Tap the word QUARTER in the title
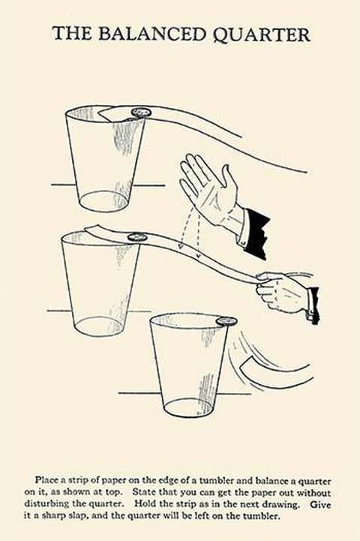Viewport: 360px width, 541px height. point(262,35)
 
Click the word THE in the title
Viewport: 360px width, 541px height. point(72,35)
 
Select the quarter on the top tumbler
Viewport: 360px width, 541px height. point(142,113)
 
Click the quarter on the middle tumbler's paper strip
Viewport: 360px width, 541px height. point(137,237)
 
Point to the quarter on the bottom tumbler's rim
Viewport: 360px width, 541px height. point(226,320)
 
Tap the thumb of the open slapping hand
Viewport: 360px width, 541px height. point(229,179)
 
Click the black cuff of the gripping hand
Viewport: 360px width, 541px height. point(313,305)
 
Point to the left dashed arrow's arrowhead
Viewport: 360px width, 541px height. point(180,245)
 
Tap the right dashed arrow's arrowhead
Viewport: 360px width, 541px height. point(198,254)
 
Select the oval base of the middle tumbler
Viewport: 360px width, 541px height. point(100,326)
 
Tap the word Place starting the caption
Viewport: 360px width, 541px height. point(46,480)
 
